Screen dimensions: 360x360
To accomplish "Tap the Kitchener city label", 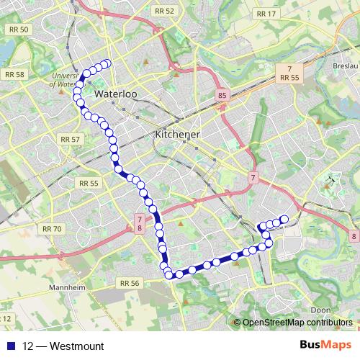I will pyautogui.click(x=177, y=135).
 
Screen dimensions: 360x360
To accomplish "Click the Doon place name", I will pyautogui.click(x=321, y=310).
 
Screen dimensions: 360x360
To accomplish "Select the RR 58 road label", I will pyautogui.click(x=14, y=74).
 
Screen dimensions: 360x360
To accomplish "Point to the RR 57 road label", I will pyautogui.click(x=71, y=138).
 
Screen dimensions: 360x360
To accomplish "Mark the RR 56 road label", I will pyautogui.click(x=130, y=283).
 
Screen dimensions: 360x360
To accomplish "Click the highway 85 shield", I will pyautogui.click(x=221, y=94).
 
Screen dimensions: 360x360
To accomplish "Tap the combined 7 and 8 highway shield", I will pyautogui.click(x=139, y=223).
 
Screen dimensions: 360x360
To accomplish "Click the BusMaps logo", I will pyautogui.click(x=326, y=346).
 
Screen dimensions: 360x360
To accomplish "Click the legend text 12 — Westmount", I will pyautogui.click(x=63, y=346).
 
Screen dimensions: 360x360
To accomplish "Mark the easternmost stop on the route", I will pyautogui.click(x=284, y=219).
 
